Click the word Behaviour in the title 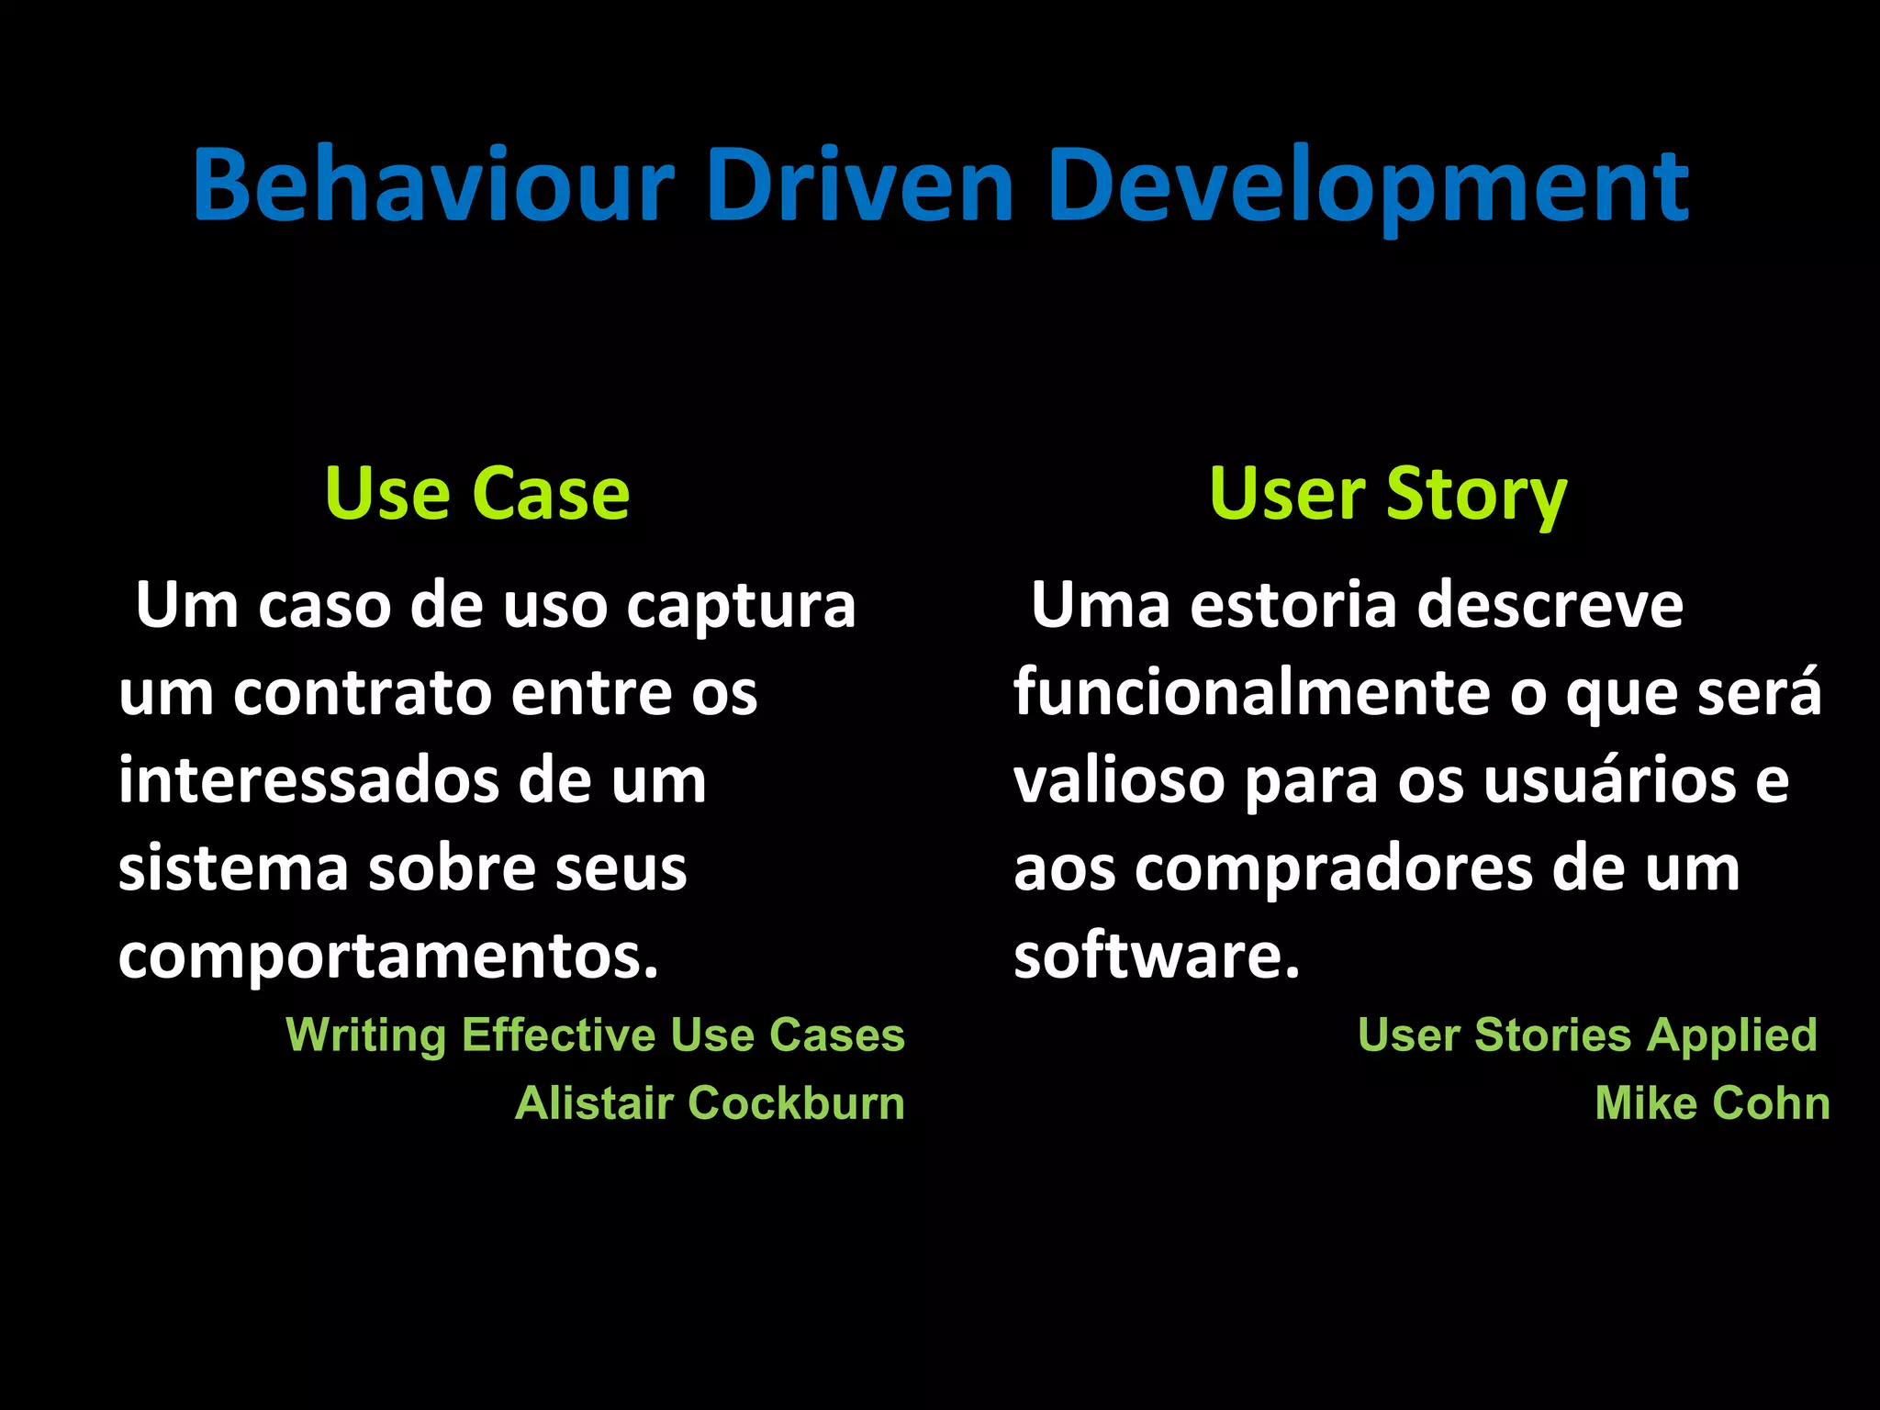(x=431, y=186)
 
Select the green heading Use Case (x=476, y=495)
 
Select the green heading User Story (x=1387, y=495)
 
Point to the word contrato (x=362, y=693)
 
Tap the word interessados (x=308, y=781)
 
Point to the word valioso (x=1119, y=781)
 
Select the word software (x=1156, y=956)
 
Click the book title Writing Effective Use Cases (x=595, y=1035)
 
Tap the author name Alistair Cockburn (x=710, y=1103)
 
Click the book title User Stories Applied (x=1586, y=1035)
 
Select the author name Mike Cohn (x=1711, y=1103)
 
